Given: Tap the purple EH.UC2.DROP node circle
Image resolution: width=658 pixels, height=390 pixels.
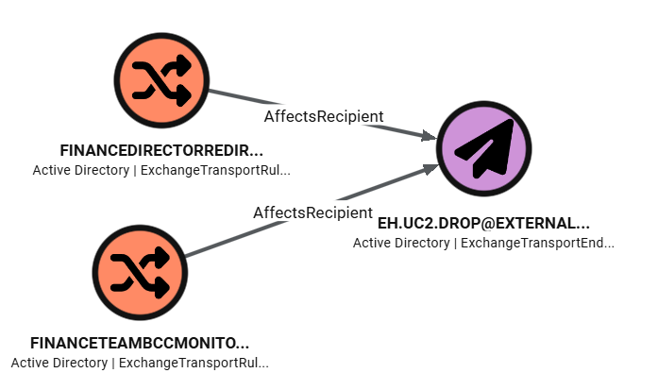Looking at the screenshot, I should pos(484,148).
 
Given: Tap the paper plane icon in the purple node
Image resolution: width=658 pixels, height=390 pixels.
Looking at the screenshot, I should pos(485,149).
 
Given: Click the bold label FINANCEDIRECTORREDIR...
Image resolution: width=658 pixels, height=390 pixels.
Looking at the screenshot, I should pos(160,151).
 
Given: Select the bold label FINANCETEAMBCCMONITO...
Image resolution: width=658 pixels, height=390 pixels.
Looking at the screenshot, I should pos(140,343).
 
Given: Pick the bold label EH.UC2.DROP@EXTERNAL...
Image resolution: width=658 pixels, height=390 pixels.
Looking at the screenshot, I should pos(483,224).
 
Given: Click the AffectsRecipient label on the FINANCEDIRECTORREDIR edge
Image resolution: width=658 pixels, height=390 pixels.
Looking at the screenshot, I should pos(323,116).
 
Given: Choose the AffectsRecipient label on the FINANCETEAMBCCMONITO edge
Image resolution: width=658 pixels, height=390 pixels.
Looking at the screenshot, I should pos(312,212).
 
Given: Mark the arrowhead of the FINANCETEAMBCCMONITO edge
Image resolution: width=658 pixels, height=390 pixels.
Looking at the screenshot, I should pos(430,169).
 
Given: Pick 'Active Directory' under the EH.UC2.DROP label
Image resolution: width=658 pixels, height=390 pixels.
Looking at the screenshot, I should pos(401,243).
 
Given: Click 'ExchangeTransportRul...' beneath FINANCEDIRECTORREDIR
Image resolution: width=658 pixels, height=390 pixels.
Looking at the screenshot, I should pos(215,171).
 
